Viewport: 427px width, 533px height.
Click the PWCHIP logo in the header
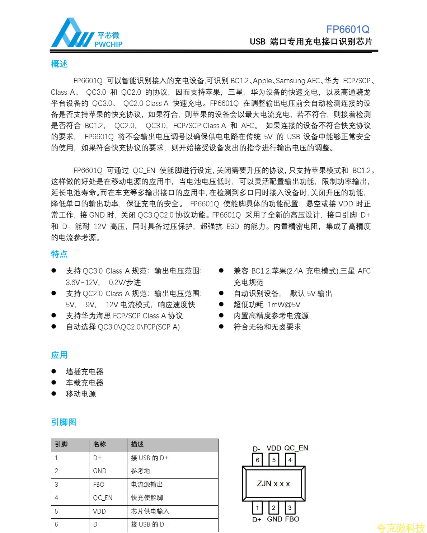(x=86, y=33)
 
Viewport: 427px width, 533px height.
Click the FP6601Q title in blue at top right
(x=347, y=29)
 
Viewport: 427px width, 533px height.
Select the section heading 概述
(x=59, y=64)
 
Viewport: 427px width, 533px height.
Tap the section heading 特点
(x=59, y=254)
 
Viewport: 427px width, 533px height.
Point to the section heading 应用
(x=59, y=355)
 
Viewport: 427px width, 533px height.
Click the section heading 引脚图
(x=64, y=422)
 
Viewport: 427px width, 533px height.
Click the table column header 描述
(x=137, y=444)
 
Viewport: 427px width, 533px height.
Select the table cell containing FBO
(x=99, y=485)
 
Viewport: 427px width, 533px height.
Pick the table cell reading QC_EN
(x=103, y=498)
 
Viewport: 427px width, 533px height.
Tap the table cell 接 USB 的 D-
(x=149, y=524)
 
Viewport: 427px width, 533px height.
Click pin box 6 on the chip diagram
(x=257, y=460)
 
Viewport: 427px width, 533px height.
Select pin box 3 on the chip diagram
(x=290, y=508)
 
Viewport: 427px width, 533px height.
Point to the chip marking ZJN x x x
(x=273, y=484)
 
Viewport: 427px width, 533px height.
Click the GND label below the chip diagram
(x=274, y=519)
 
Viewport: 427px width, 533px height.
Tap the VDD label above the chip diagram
(x=274, y=448)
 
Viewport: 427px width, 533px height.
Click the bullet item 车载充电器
(x=85, y=383)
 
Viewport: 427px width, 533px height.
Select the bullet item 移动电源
(x=81, y=394)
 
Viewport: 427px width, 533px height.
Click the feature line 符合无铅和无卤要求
(x=267, y=327)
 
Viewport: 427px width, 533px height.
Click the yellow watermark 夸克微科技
(x=400, y=528)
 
